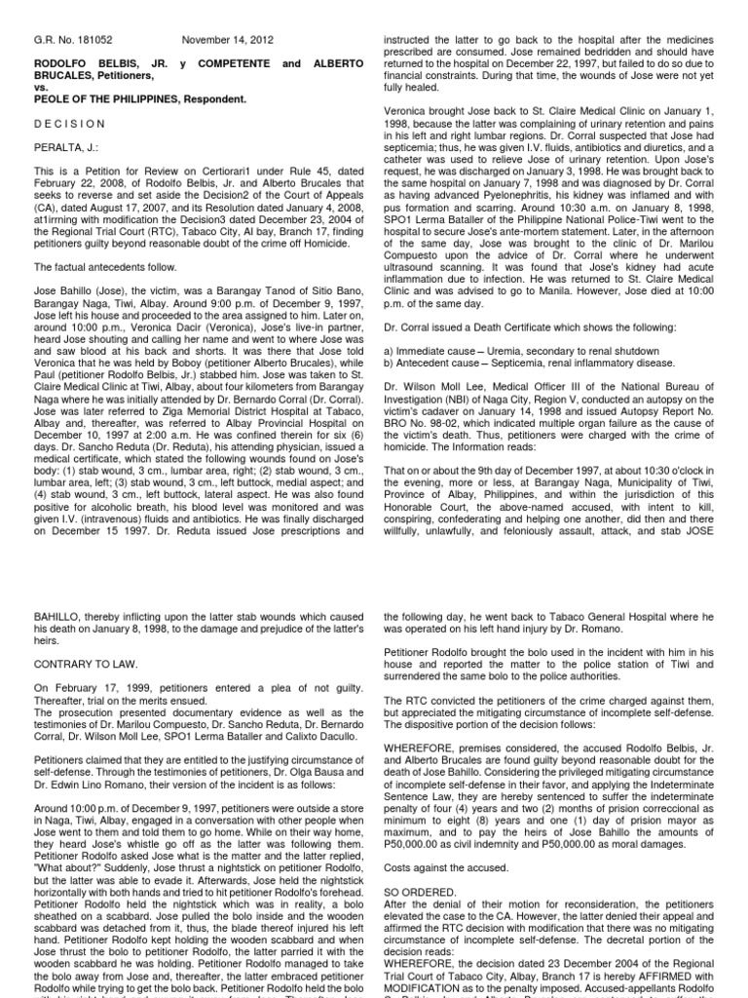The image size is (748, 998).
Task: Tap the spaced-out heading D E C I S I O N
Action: click(69, 124)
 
